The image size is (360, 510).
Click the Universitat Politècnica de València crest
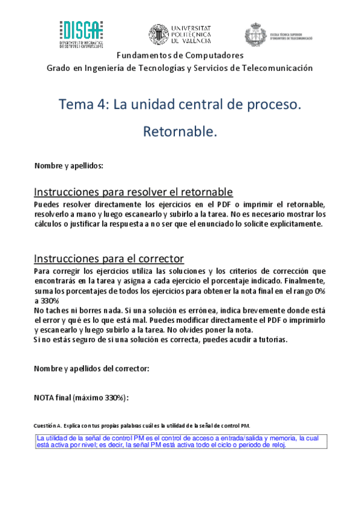159,34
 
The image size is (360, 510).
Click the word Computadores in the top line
215,55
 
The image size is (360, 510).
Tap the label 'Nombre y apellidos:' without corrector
69,165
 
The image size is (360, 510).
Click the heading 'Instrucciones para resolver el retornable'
133,192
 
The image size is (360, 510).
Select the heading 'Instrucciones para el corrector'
109,259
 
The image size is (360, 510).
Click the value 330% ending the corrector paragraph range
49,301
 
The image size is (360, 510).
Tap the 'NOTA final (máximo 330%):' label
81,398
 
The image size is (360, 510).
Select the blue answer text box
180,441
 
